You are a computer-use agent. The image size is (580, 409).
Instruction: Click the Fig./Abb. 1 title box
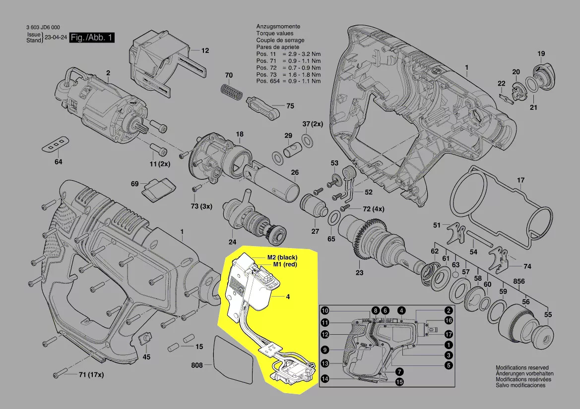tap(92, 38)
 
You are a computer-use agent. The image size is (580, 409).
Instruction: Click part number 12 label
tap(205, 51)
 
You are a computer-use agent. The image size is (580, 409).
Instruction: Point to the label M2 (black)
tap(289, 257)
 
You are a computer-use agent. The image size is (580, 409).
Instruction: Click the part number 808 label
tap(197, 365)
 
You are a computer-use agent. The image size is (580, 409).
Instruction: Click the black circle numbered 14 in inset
tap(324, 379)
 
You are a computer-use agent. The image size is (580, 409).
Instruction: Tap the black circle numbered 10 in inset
tap(324, 311)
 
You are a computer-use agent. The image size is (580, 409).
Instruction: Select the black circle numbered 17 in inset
tap(448, 334)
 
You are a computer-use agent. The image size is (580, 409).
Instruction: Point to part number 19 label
tap(541, 53)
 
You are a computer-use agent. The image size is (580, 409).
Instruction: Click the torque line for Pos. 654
tap(288, 81)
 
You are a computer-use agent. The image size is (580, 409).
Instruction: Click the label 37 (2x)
tap(313, 124)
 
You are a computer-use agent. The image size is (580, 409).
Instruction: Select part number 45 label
tap(146, 356)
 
